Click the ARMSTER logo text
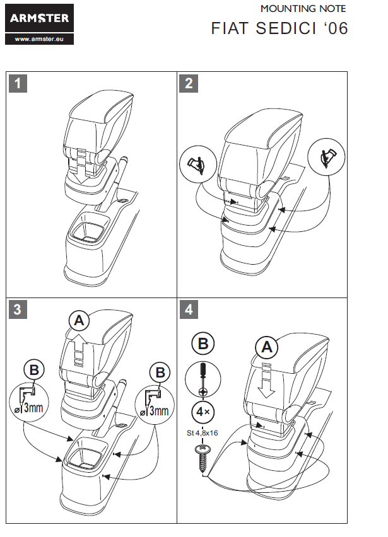click(39, 19)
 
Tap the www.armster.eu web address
click(39, 38)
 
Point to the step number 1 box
click(19, 83)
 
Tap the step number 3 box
click(19, 309)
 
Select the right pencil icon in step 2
click(326, 156)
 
